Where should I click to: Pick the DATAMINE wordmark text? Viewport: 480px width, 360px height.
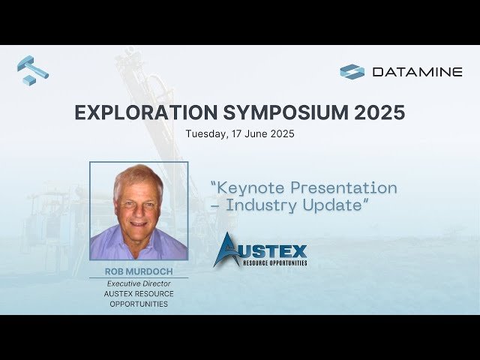[417, 72]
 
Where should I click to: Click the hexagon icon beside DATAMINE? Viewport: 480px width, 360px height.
[352, 72]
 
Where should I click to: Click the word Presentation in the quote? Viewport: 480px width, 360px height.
[348, 187]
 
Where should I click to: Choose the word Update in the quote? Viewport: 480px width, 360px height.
[338, 205]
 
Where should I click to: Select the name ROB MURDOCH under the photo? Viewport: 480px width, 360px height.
[138, 271]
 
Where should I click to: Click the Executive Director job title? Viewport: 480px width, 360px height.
[139, 283]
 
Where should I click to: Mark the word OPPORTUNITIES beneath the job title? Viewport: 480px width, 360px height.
[139, 304]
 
